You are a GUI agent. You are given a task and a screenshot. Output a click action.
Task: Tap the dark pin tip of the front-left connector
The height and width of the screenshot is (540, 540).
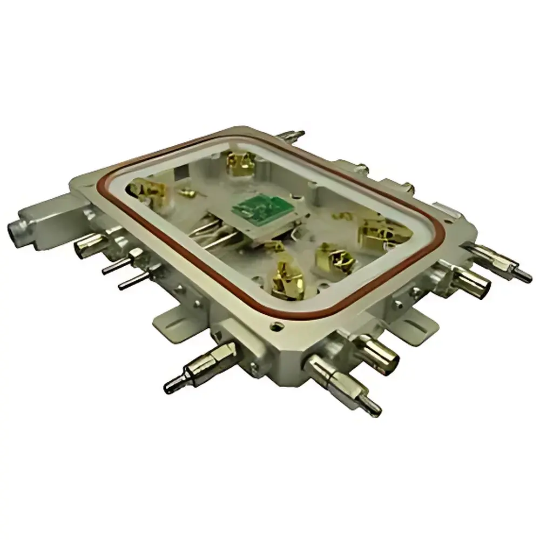pyautogui.click(x=172, y=384)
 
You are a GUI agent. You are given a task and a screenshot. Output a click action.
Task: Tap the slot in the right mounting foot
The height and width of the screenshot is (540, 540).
pyautogui.click(x=416, y=321)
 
